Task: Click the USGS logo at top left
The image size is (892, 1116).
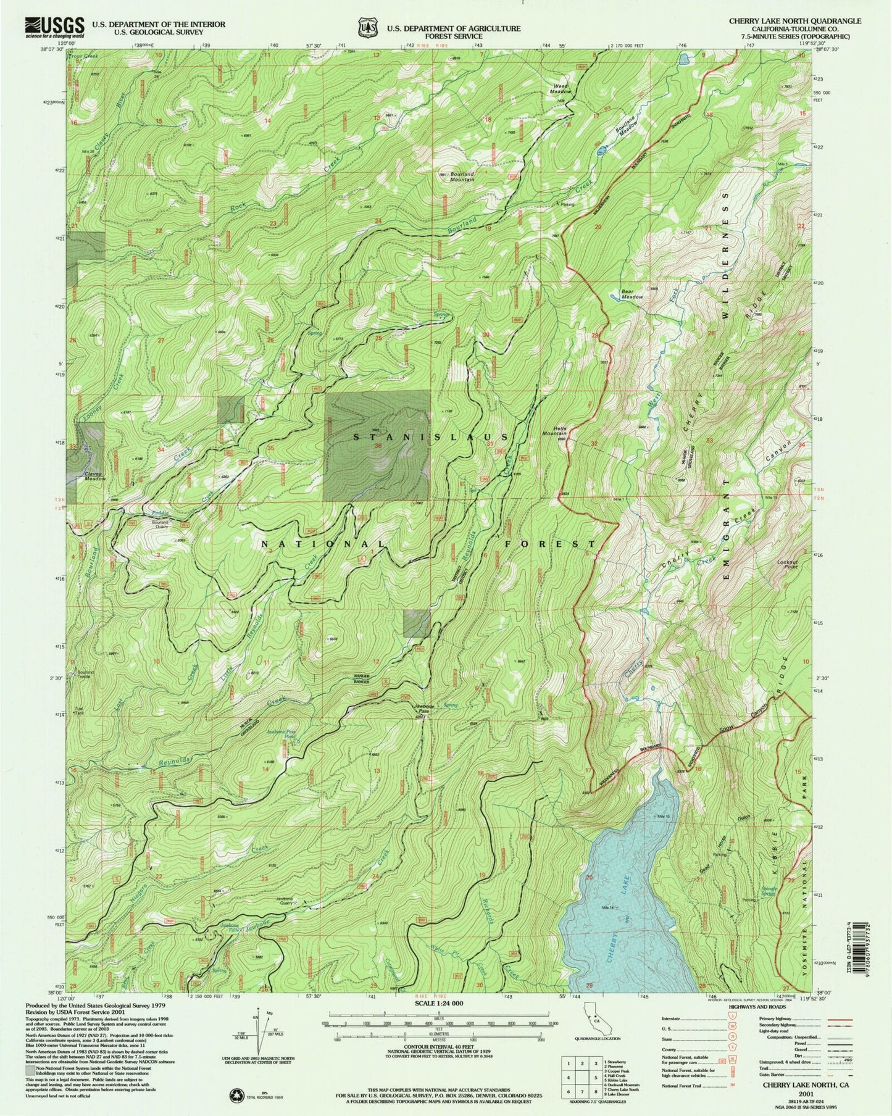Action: [x=54, y=27]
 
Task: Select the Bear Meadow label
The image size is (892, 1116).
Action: [x=631, y=294]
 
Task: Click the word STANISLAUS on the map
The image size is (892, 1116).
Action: [x=431, y=437]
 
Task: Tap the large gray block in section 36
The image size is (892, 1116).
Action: [x=377, y=446]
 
